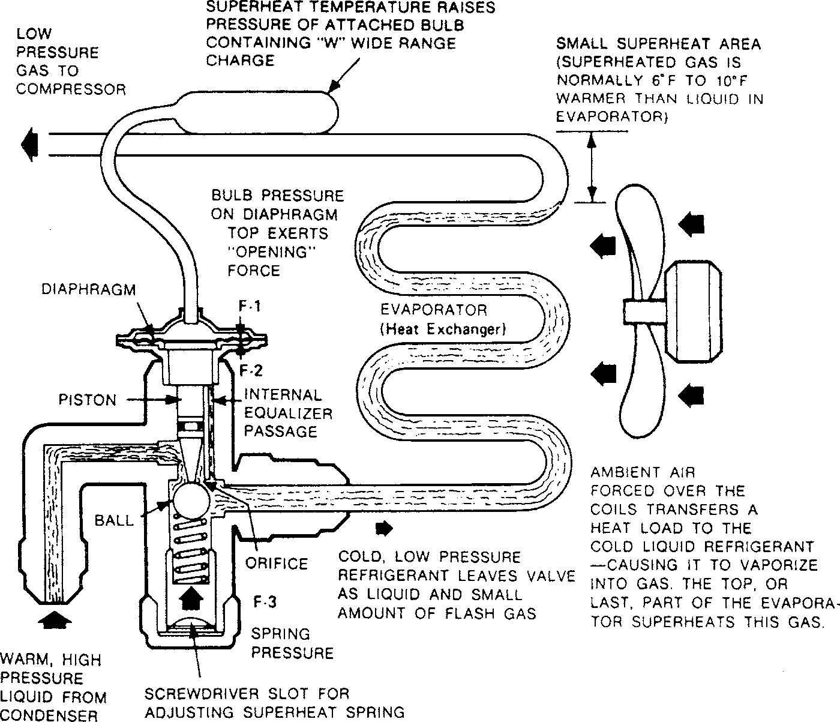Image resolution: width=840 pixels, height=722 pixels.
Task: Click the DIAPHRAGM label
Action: click(88, 289)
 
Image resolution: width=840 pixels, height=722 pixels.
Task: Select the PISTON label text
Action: click(88, 400)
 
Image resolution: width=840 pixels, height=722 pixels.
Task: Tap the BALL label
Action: click(114, 520)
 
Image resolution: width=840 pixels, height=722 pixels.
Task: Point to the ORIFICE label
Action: click(277, 564)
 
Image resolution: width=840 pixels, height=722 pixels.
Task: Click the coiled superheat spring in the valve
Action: click(190, 549)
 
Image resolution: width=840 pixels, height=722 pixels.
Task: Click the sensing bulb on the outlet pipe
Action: click(258, 111)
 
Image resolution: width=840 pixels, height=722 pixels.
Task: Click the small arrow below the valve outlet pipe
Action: click(383, 528)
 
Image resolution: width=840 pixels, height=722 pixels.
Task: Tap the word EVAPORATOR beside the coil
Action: click(434, 310)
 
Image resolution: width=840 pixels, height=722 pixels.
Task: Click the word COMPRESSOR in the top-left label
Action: click(71, 89)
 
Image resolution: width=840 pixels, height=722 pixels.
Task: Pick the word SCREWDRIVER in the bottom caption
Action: click(200, 694)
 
